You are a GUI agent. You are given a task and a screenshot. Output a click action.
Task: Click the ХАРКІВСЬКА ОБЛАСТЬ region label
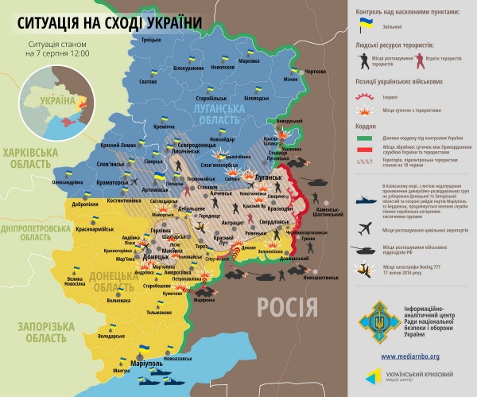click(x=29, y=157)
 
